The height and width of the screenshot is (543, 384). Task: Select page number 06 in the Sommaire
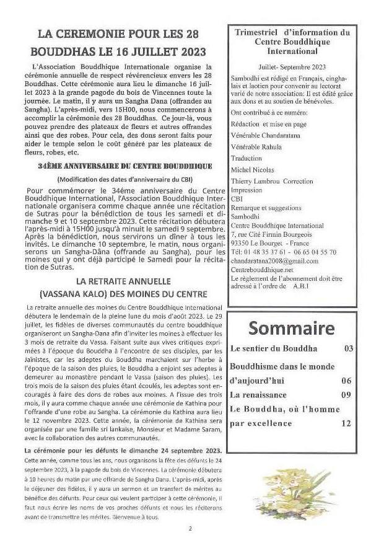346,381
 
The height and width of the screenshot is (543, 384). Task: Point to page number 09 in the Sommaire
346,394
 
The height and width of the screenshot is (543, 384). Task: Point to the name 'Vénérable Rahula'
256,147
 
